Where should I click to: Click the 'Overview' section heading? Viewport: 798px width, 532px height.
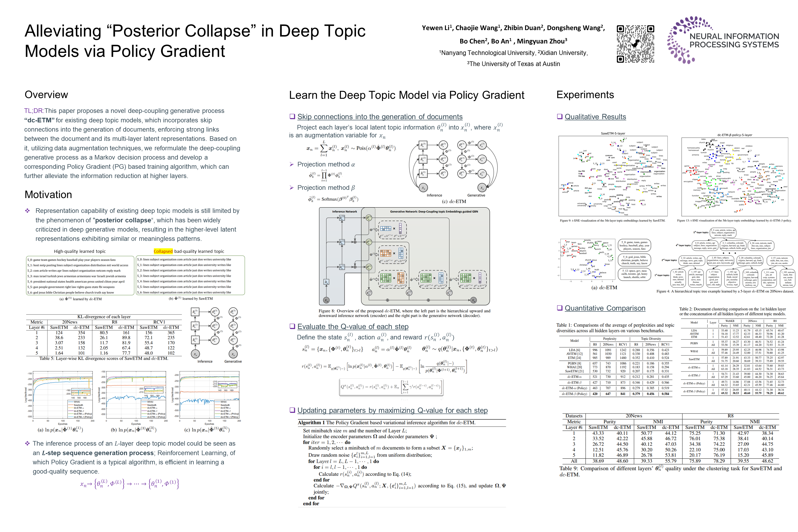(x=46, y=95)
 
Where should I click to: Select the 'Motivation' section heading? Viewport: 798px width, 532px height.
(x=48, y=194)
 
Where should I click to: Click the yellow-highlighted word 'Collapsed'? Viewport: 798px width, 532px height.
(x=163, y=251)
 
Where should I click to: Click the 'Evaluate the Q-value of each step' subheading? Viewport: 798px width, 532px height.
(x=353, y=326)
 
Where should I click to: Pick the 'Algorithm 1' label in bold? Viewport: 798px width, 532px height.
(x=309, y=422)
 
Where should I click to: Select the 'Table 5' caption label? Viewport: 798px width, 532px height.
(x=46, y=358)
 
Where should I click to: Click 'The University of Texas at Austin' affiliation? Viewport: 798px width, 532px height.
(x=514, y=64)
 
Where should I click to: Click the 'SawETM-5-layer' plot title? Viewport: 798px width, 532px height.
(x=613, y=133)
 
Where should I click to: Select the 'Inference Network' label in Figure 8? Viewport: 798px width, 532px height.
(x=344, y=211)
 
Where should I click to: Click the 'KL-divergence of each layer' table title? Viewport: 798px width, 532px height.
(x=104, y=317)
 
